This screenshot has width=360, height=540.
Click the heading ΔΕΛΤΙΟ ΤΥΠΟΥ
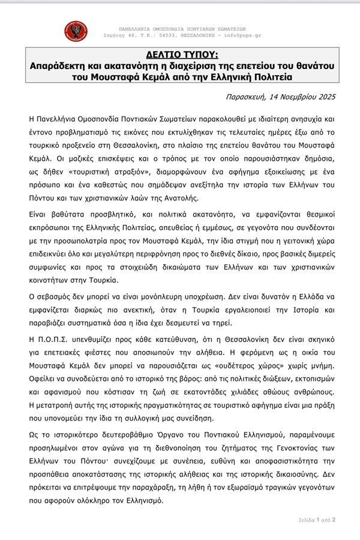[179, 53]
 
